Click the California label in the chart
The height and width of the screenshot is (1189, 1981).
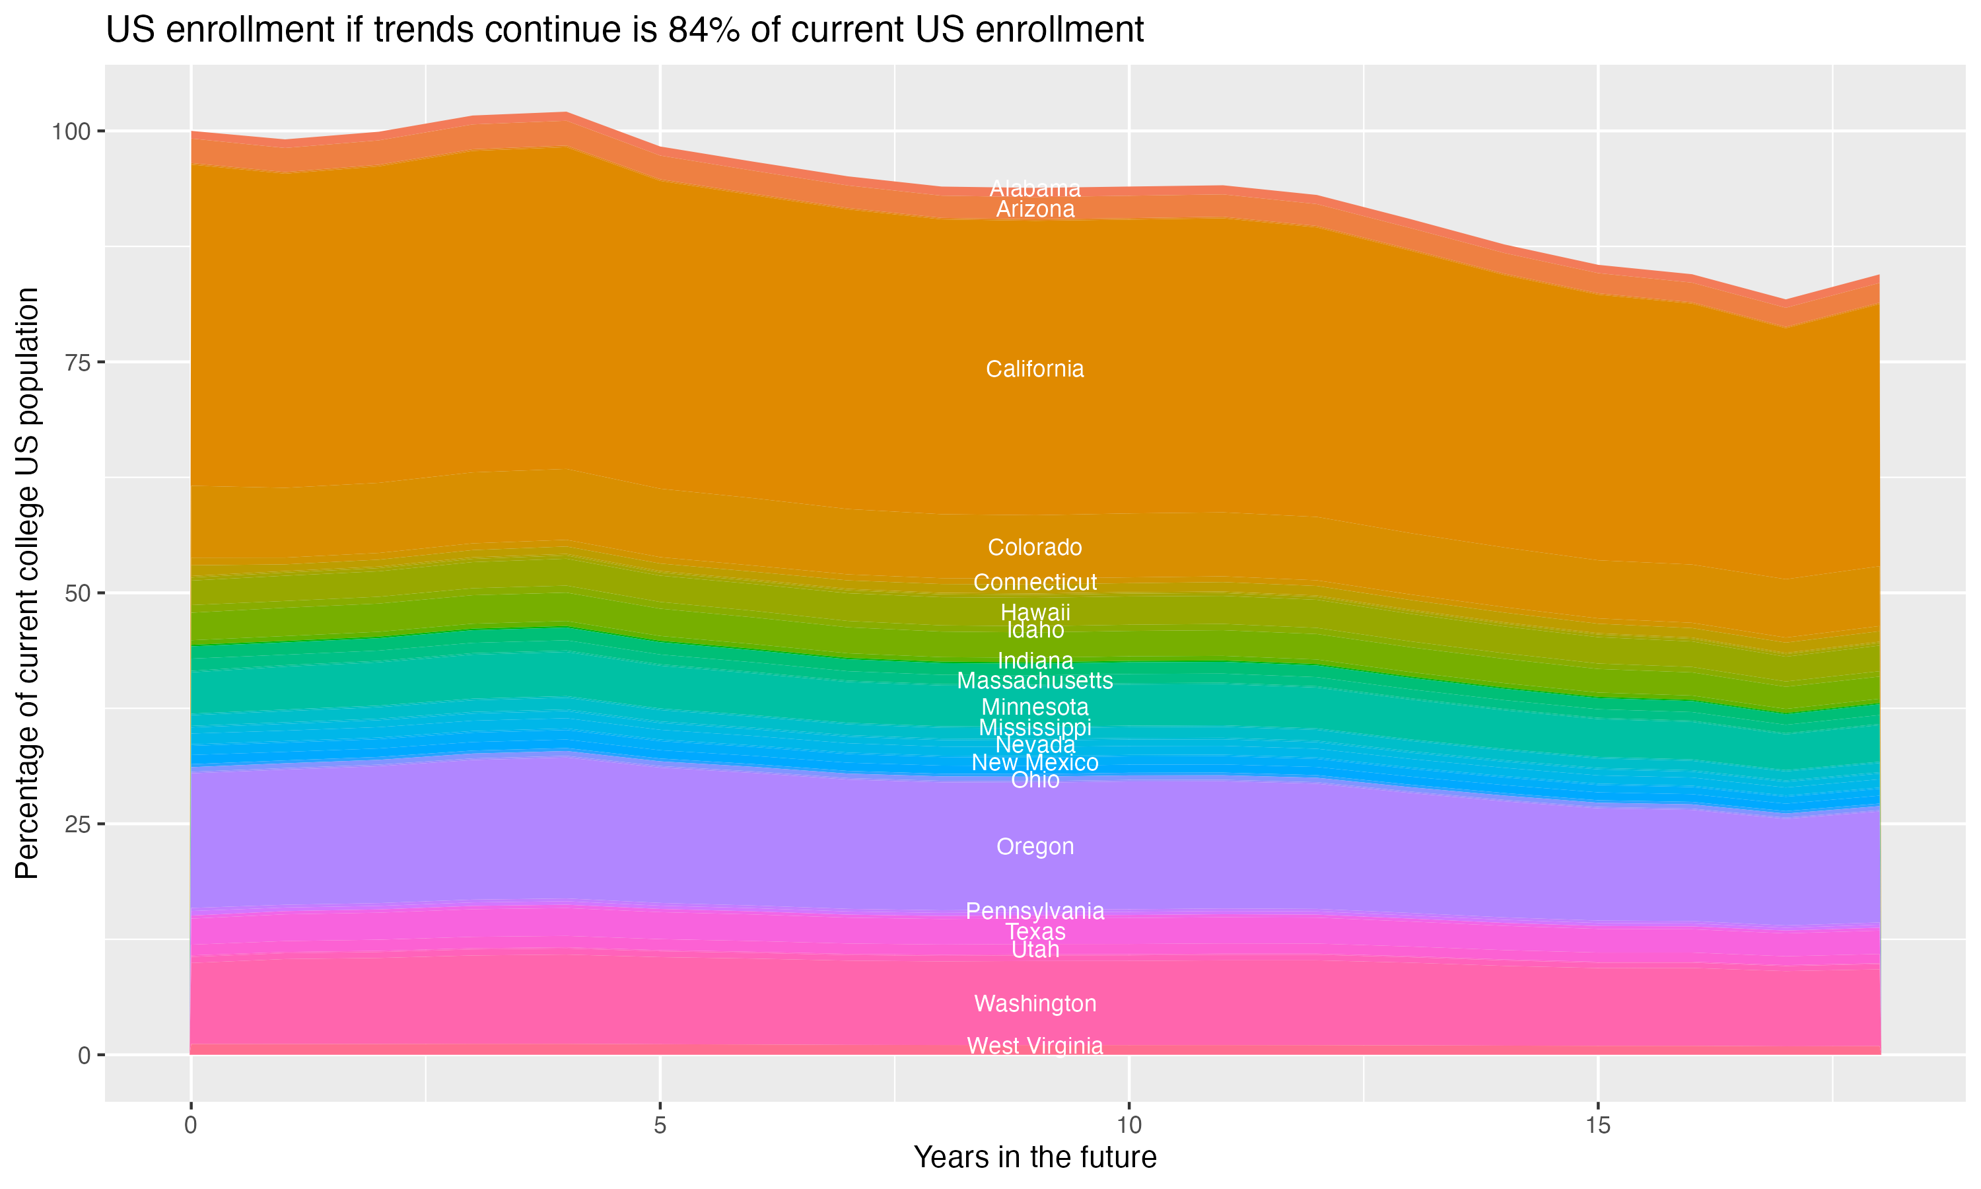[1035, 369]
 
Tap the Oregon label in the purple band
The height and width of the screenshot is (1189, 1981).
[1035, 846]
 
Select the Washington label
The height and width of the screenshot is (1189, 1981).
[1035, 1003]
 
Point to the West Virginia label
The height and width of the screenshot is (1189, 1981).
[1035, 1046]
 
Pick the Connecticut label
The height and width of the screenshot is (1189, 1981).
[1035, 582]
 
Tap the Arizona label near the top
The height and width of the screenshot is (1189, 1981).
[1035, 209]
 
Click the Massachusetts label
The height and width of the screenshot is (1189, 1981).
[1035, 680]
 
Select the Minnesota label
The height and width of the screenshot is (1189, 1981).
[1035, 707]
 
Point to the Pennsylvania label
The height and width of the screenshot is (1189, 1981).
[1035, 911]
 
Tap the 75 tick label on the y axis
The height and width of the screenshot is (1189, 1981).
[74, 362]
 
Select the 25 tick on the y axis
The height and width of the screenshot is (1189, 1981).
[74, 824]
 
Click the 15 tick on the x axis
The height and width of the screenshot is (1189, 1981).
[1597, 1126]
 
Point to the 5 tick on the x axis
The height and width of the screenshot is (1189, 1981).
[660, 1126]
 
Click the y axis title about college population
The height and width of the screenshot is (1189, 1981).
[27, 583]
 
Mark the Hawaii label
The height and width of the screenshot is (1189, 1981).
[1035, 612]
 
